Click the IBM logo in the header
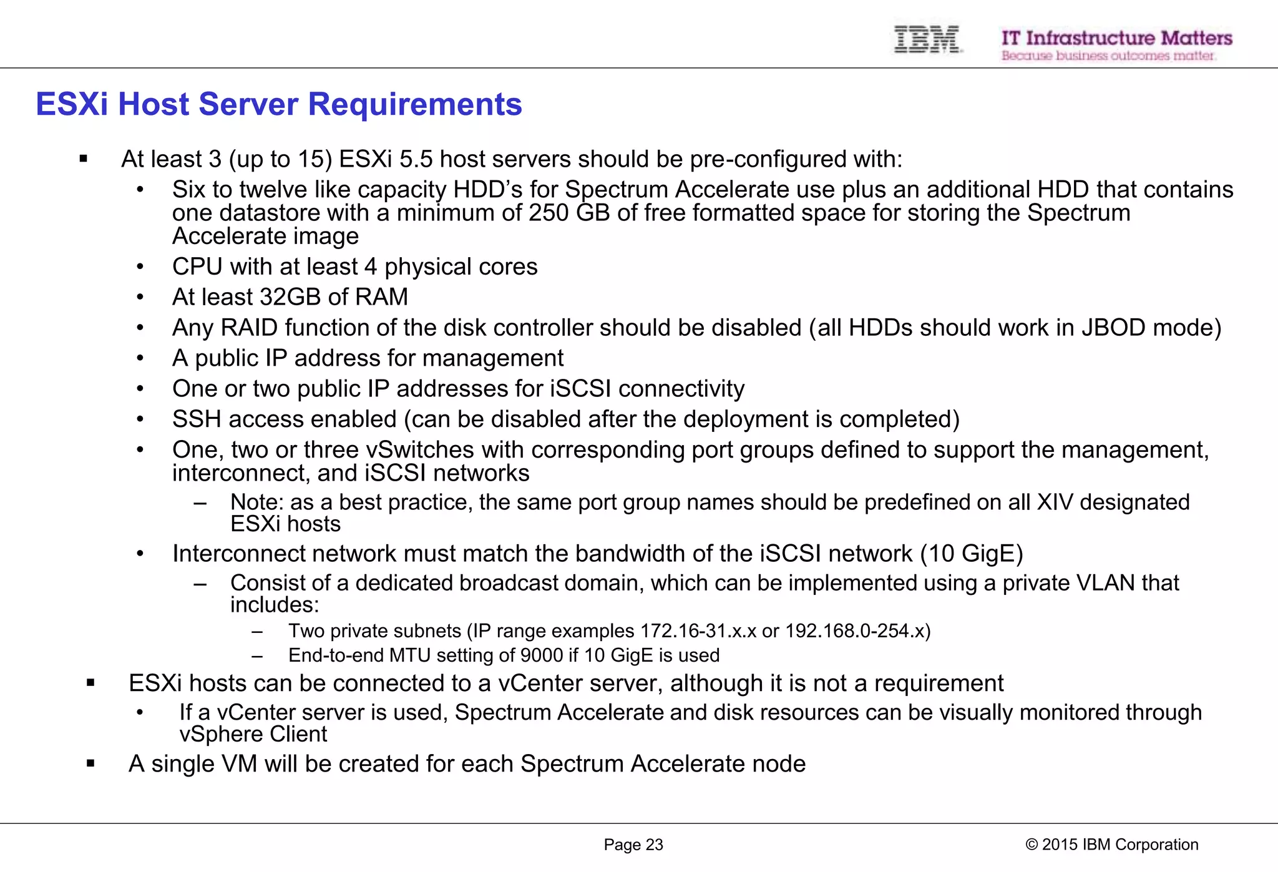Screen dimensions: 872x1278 [927, 39]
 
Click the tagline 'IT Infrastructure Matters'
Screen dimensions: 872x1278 [1116, 38]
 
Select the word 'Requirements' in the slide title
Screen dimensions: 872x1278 [415, 104]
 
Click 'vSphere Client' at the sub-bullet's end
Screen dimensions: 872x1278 [253, 735]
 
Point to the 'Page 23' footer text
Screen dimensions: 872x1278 [633, 845]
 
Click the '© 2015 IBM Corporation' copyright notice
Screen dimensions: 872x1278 [1111, 845]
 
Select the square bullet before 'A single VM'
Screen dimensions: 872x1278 [90, 763]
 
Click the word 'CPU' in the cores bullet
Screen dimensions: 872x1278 [197, 267]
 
